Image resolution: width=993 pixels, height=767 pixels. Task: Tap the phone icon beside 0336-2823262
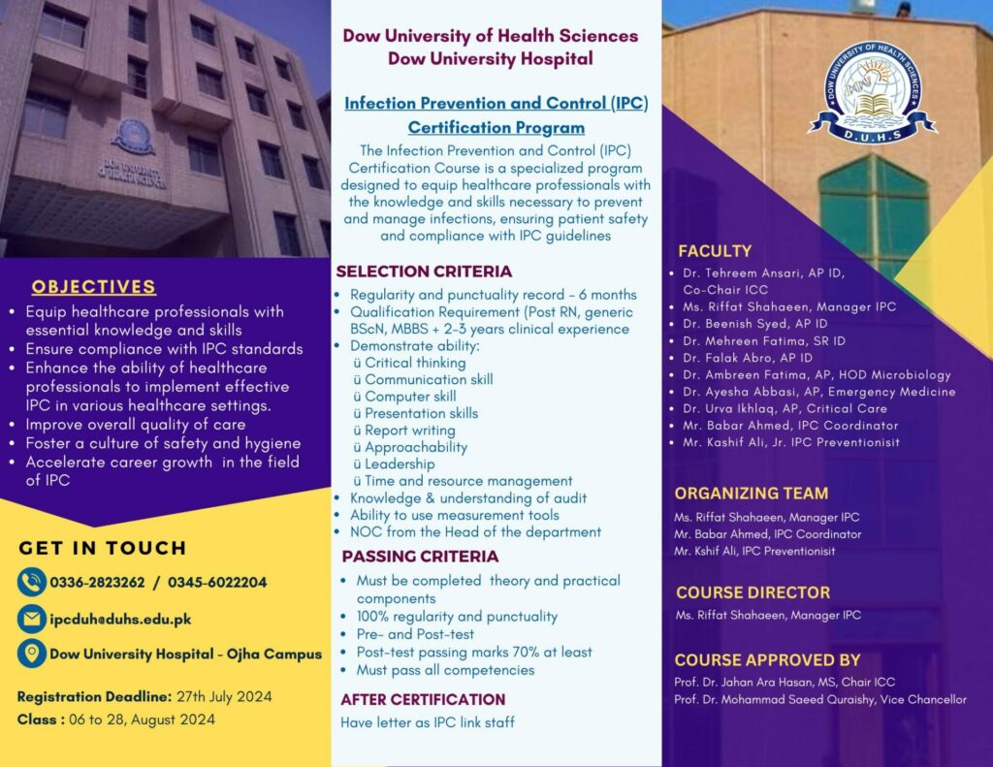click(32, 582)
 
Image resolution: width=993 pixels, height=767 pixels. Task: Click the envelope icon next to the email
click(32, 618)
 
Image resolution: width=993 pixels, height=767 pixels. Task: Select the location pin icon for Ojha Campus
click(32, 653)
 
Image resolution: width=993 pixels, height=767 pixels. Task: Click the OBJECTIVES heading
click(93, 286)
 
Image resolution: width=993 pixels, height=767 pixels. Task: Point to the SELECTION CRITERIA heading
click(424, 272)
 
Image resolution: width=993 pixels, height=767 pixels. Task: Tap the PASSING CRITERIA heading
click(420, 557)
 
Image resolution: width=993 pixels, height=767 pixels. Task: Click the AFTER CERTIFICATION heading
click(423, 699)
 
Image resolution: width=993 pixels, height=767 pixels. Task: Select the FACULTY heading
click(715, 251)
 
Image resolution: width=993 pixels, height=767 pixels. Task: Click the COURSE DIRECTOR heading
click(753, 592)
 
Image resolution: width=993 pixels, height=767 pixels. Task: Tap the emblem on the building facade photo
click(132, 136)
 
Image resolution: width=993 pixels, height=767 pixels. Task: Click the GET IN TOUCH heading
click(103, 548)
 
